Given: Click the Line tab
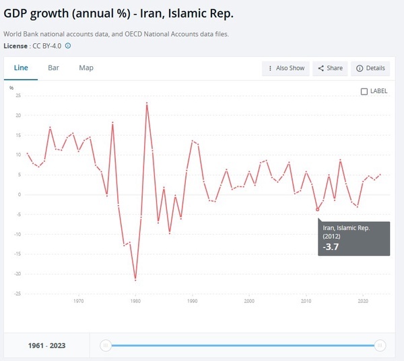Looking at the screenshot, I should tap(21, 68).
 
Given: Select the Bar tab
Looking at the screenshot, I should tap(53, 68).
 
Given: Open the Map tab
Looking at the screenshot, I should tap(86, 68).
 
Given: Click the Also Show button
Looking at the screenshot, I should tap(286, 68).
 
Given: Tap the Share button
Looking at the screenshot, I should tap(330, 68).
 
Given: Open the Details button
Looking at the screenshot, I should tap(370, 68).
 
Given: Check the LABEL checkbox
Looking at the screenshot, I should tap(364, 91).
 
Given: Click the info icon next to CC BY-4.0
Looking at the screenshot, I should tap(68, 46).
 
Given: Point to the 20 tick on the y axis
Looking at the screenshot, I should tap(19, 115).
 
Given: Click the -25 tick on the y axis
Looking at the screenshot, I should tap(18, 294).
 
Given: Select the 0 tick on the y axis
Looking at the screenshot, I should tap(20, 195).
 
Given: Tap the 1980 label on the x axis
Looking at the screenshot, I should tap(135, 301).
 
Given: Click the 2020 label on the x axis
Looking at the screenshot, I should tap(363, 301).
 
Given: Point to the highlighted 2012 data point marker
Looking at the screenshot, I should tap(318, 209).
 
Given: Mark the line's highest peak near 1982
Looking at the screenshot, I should tap(147, 103).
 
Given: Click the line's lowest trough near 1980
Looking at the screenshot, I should tap(135, 279).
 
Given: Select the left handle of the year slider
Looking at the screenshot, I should tap(105, 345).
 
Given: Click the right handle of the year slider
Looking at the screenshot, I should tap(380, 345).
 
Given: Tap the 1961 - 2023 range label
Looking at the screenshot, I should tap(47, 345).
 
